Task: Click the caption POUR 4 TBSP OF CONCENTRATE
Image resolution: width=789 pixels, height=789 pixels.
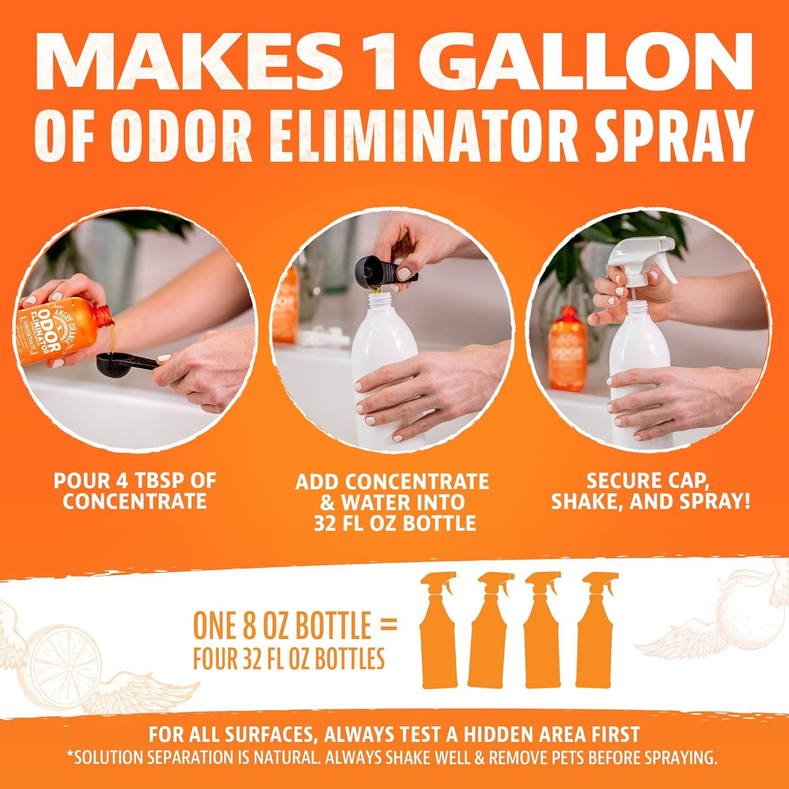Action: pos(135,491)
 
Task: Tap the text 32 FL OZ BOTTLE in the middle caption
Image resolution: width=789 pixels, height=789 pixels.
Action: pos(394,523)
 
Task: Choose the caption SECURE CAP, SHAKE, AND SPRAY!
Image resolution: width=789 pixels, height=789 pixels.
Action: pos(650,491)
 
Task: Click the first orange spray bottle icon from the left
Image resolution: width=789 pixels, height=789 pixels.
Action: pos(438,630)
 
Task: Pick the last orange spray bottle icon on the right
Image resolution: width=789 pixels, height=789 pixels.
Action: pos(596,630)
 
